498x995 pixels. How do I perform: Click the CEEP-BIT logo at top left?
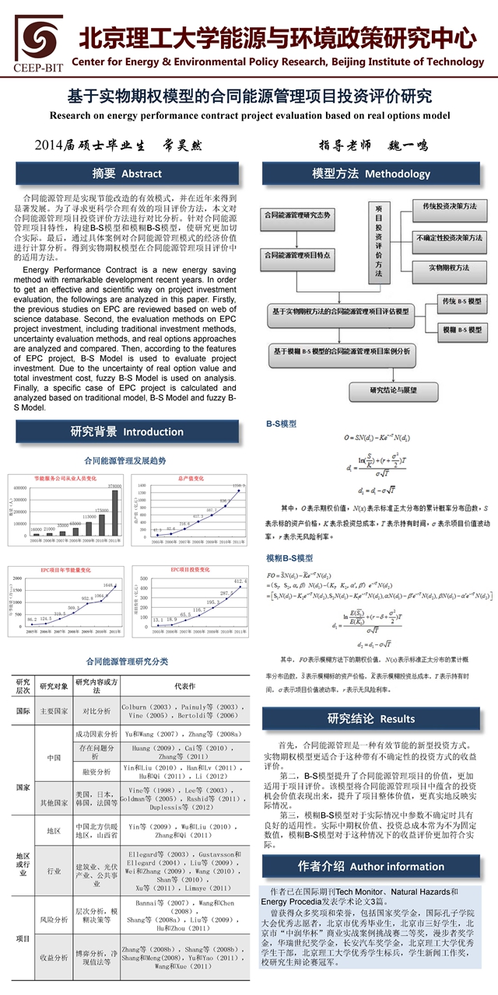tap(37, 44)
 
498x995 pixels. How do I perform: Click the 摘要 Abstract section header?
tap(127, 173)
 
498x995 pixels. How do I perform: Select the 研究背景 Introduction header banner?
tap(127, 431)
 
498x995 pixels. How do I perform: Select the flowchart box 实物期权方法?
tap(449, 267)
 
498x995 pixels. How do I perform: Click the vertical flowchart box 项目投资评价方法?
tap(379, 242)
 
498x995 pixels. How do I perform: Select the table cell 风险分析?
tap(54, 920)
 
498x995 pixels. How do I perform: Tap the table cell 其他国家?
tap(54, 802)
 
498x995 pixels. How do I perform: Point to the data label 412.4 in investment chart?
tap(240, 580)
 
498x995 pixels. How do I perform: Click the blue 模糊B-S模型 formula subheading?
tap(289, 558)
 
